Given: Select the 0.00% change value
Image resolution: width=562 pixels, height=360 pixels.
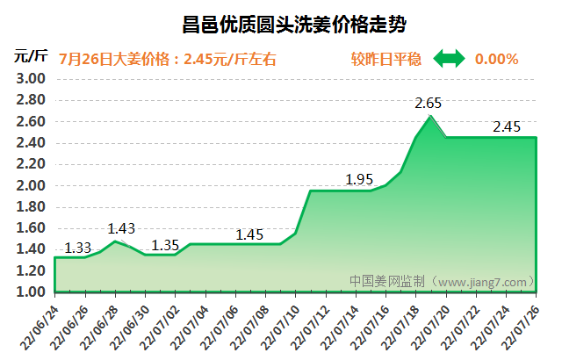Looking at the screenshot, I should click(496, 60).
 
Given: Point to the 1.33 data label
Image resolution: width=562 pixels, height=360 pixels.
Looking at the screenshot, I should click(78, 247).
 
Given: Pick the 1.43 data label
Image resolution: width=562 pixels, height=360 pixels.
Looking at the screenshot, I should click(121, 229).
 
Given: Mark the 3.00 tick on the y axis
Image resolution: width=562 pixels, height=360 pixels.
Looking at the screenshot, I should click(31, 79).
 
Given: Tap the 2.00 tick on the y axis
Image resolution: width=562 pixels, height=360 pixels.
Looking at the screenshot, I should click(31, 185).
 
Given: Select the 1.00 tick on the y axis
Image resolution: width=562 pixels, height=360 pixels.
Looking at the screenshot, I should click(31, 292).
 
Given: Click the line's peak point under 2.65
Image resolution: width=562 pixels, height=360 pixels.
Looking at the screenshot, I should click(430, 116).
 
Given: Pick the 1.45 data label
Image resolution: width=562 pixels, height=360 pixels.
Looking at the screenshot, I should click(250, 234).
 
